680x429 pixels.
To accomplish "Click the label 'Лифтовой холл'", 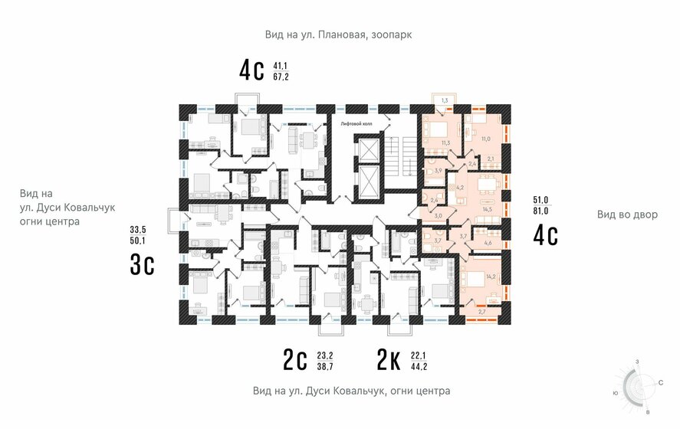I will (x=357, y=123).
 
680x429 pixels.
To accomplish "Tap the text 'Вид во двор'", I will (x=627, y=215).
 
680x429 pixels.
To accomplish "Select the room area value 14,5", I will (x=486, y=208).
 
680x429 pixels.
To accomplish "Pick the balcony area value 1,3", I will (x=444, y=100).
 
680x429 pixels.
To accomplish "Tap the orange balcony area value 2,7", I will (x=481, y=312).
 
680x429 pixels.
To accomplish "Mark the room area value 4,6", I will (x=488, y=244).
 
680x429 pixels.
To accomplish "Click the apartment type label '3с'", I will (x=143, y=264).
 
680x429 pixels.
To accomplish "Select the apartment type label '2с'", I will (x=295, y=359).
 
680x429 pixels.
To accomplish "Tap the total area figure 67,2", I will (x=281, y=77).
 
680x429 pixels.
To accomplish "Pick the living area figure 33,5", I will (x=139, y=230).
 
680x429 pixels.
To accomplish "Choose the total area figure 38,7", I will (x=325, y=366).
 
